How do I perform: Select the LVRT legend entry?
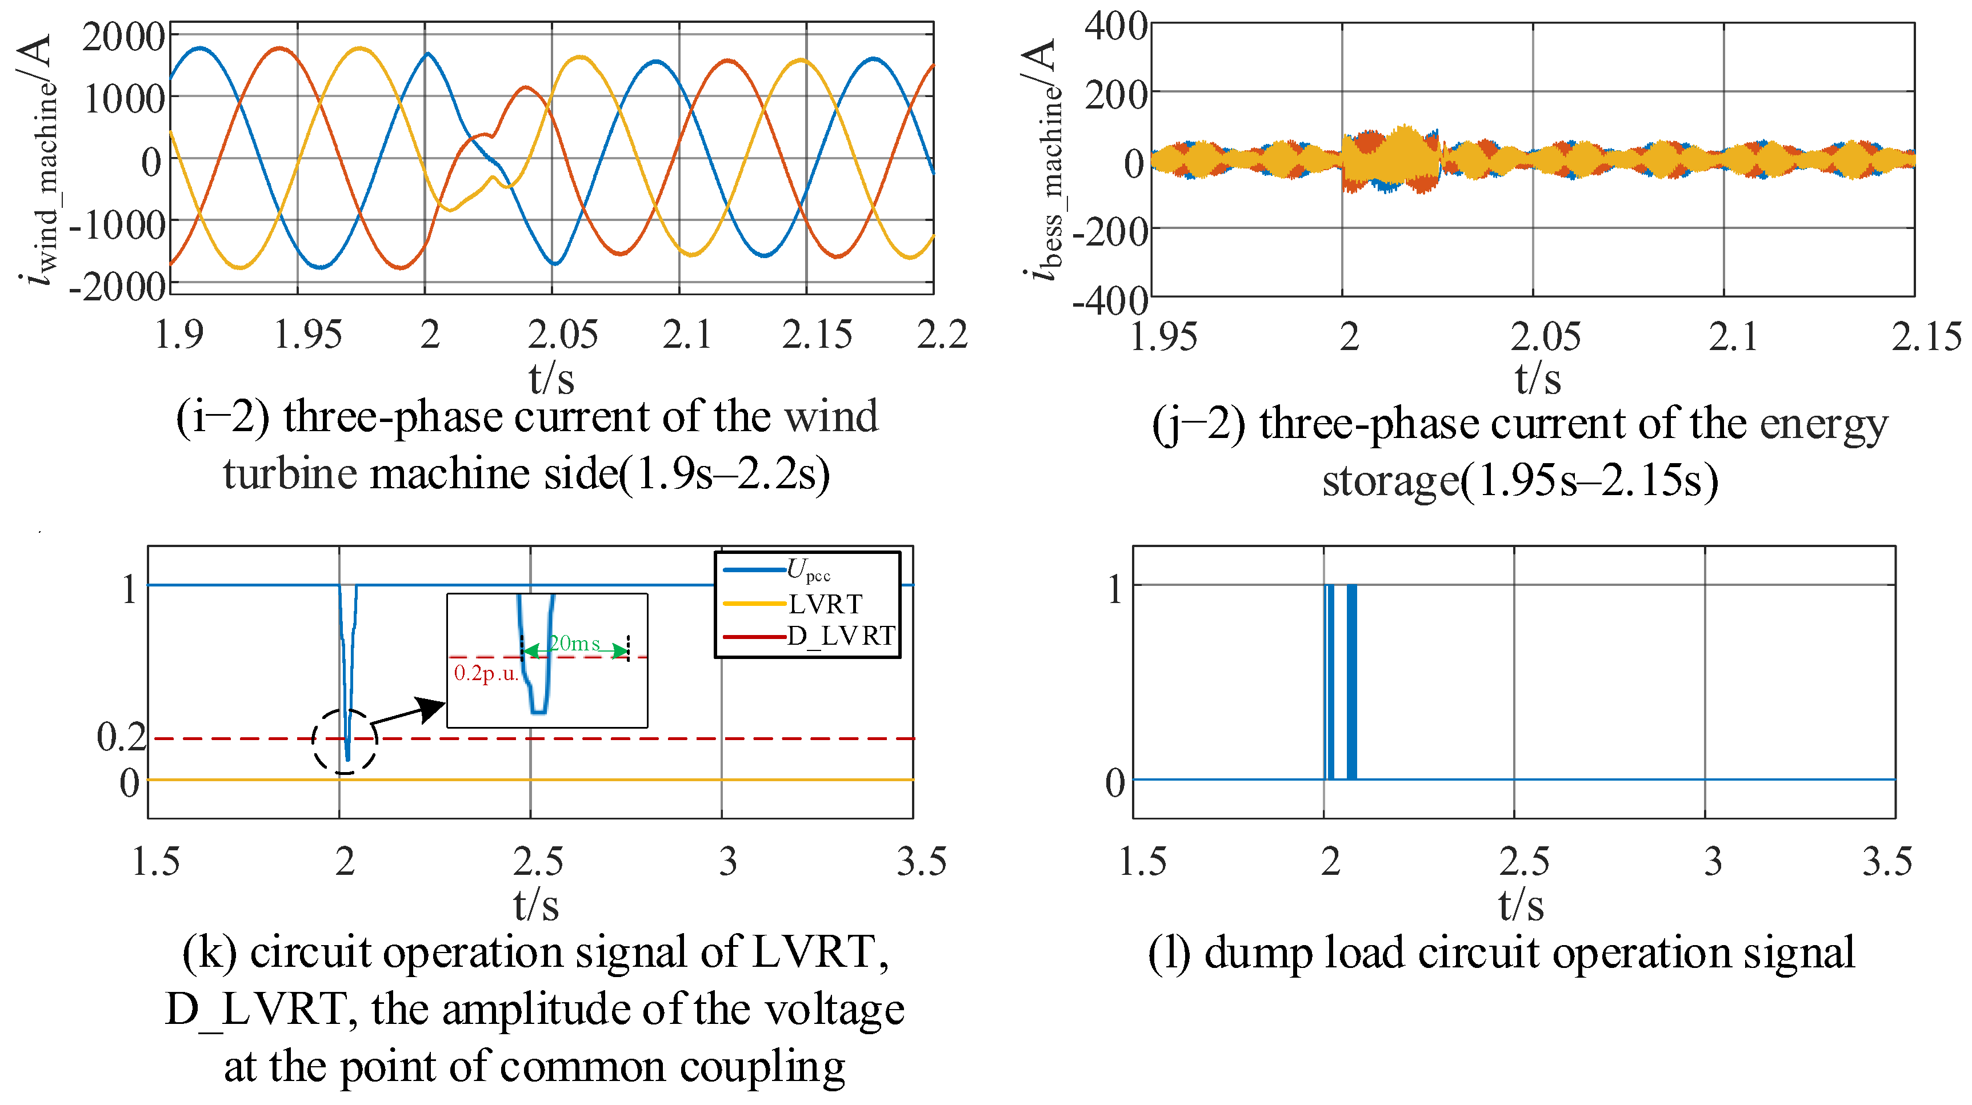825,605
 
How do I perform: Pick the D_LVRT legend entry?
841,636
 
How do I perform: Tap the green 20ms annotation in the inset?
574,644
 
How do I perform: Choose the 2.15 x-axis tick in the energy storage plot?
1925,337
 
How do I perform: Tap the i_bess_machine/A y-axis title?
1043,160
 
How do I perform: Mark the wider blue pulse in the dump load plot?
1351,681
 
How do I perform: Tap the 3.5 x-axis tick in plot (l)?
1886,862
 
